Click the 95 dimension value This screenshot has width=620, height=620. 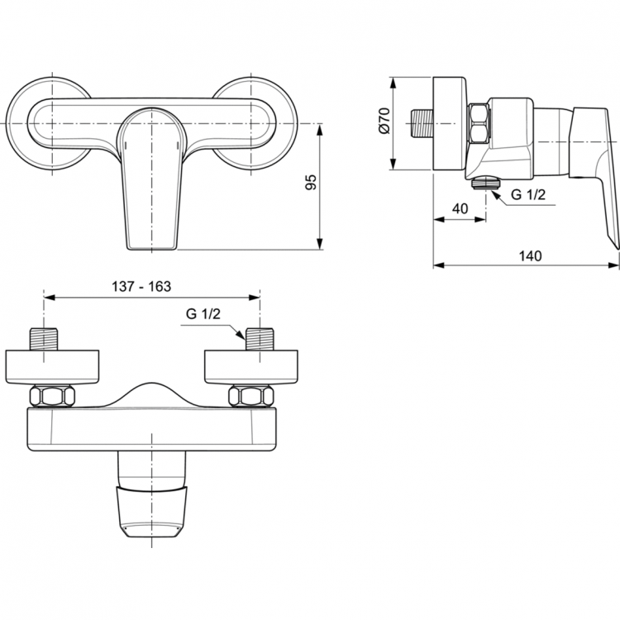(x=312, y=184)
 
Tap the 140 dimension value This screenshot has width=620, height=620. (x=531, y=255)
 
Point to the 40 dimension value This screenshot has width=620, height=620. (x=460, y=209)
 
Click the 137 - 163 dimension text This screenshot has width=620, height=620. (x=141, y=286)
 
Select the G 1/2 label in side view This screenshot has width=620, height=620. (x=528, y=195)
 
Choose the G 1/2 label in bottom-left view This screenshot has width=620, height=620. (x=202, y=314)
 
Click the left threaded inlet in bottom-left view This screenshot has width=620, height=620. (x=43, y=340)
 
